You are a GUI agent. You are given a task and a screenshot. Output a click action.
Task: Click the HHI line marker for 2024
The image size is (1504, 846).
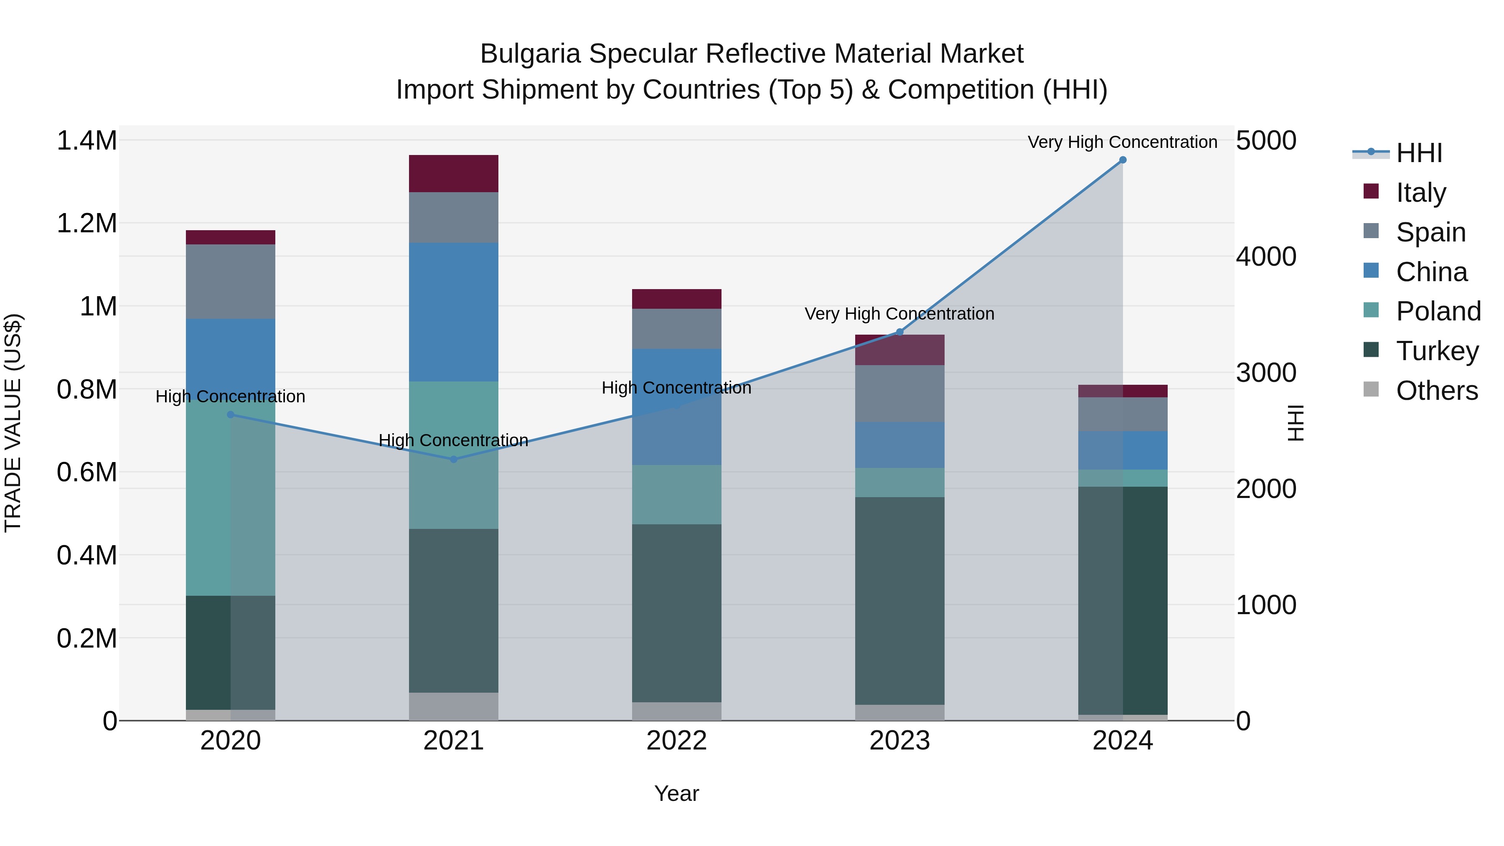click(1122, 160)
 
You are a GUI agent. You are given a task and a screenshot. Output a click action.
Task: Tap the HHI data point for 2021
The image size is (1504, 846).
click(454, 460)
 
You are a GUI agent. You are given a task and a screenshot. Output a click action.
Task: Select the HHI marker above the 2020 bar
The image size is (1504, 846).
click(231, 415)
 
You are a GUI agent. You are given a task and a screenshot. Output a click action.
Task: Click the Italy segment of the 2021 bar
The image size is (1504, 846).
click(454, 173)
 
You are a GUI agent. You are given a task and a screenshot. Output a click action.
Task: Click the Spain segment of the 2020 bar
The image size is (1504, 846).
click(231, 282)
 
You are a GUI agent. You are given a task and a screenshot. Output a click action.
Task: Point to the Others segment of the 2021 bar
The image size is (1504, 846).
click(454, 706)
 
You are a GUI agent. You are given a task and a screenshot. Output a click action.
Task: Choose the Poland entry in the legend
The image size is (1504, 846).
click(1438, 311)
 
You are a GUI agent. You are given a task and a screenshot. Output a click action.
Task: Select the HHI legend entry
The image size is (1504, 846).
click(1419, 153)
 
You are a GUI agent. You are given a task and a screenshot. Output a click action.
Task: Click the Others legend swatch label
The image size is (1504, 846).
click(1436, 391)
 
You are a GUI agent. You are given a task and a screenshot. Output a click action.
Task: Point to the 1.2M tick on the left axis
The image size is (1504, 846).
click(87, 224)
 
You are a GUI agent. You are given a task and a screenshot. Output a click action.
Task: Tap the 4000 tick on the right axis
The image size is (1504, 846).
click(1266, 257)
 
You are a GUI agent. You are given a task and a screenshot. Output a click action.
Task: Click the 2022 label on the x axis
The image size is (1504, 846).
click(677, 741)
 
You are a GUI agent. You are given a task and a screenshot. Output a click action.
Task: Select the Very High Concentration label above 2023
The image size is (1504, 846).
click(899, 314)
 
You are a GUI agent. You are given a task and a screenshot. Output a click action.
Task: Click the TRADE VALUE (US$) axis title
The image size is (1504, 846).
click(13, 423)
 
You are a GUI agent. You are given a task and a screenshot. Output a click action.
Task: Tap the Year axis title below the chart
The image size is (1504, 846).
click(677, 793)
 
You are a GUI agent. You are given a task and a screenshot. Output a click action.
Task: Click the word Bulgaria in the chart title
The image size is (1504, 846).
click(530, 54)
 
